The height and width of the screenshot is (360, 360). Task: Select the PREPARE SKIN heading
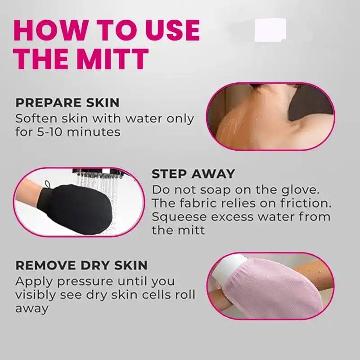(67, 103)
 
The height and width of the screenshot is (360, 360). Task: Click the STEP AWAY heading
(193, 174)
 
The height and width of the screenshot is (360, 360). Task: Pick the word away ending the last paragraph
(31, 309)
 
